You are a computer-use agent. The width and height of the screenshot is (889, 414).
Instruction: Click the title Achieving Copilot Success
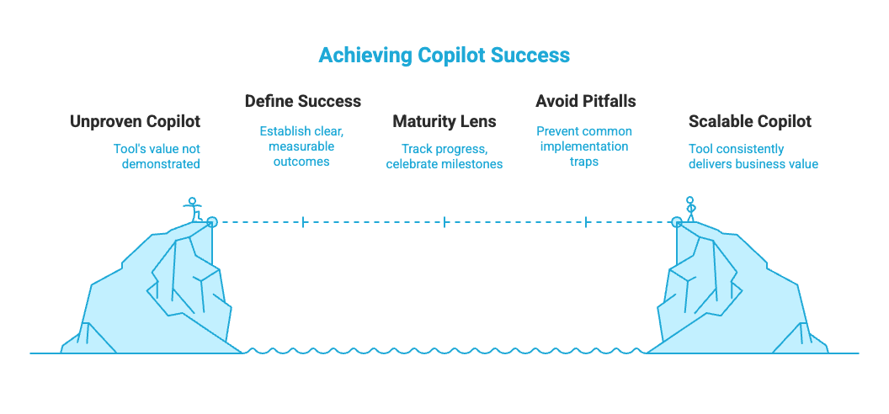pyautogui.click(x=444, y=56)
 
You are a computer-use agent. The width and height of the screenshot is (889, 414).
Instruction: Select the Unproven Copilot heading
pyautogui.click(x=136, y=122)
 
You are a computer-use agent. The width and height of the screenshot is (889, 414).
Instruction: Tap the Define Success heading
pyautogui.click(x=302, y=102)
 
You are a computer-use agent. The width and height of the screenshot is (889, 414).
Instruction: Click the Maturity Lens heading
pyautogui.click(x=444, y=122)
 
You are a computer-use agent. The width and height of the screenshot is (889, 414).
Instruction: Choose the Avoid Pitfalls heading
pyautogui.click(x=586, y=102)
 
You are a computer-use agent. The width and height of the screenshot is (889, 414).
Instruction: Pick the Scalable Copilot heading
pyautogui.click(x=750, y=122)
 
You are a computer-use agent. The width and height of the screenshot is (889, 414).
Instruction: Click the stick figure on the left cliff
pyautogui.click(x=194, y=209)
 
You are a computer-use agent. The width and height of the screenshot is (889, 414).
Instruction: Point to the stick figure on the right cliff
pyautogui.click(x=690, y=209)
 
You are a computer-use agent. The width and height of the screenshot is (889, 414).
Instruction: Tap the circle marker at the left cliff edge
pyautogui.click(x=211, y=222)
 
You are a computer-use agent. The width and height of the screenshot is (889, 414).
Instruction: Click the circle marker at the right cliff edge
pyautogui.click(x=676, y=222)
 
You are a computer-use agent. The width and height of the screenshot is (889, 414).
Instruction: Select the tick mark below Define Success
pyautogui.click(x=302, y=222)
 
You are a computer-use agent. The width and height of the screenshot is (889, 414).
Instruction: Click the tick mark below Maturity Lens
pyautogui.click(x=444, y=222)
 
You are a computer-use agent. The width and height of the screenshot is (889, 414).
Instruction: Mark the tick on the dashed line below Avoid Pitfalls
pyautogui.click(x=586, y=222)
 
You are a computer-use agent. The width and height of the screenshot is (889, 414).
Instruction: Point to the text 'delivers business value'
pyautogui.click(x=753, y=164)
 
